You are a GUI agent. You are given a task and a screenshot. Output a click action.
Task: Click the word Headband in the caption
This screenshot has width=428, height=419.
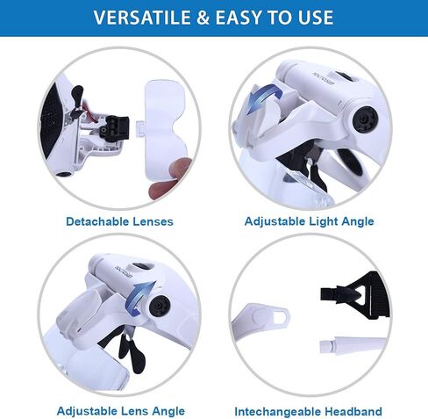(353, 411)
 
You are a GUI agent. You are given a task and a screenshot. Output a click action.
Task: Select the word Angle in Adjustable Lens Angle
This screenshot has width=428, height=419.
(167, 411)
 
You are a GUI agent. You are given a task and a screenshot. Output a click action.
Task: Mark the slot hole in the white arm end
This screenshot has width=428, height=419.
(282, 313)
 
